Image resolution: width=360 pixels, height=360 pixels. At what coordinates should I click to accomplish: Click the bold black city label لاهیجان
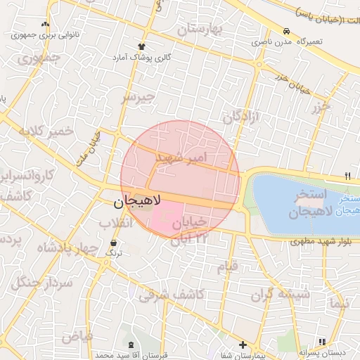point(137,202)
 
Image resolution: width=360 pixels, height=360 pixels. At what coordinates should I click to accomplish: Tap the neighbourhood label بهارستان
point(199,30)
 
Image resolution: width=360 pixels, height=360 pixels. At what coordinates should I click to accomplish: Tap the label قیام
point(227,267)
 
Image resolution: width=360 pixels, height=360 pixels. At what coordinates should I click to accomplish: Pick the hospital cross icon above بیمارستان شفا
point(243,345)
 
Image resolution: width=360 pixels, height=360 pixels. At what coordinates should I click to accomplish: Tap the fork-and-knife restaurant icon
point(347,176)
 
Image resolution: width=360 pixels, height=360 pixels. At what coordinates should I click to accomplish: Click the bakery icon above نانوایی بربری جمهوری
point(45,24)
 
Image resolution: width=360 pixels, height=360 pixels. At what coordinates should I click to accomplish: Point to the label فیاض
point(77,336)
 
